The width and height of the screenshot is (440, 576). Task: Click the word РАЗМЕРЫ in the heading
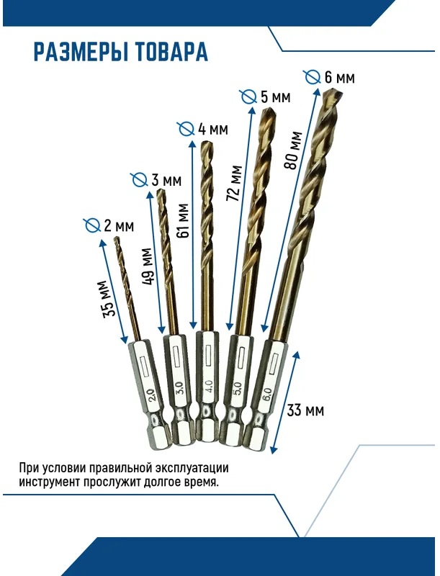coord(81,52)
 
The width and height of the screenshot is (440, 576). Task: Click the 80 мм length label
coord(293,150)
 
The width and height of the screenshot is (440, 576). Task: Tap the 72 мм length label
coord(234,184)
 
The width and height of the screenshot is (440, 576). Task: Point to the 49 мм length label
coord(147,266)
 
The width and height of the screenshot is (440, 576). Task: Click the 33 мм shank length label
coord(305,410)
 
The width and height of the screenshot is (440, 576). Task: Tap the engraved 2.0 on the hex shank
coord(152,396)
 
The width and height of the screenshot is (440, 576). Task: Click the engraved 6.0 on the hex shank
coord(267,394)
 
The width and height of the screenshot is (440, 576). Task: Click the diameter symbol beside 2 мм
coord(92,225)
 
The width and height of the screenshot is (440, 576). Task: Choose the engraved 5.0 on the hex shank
coord(237,390)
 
